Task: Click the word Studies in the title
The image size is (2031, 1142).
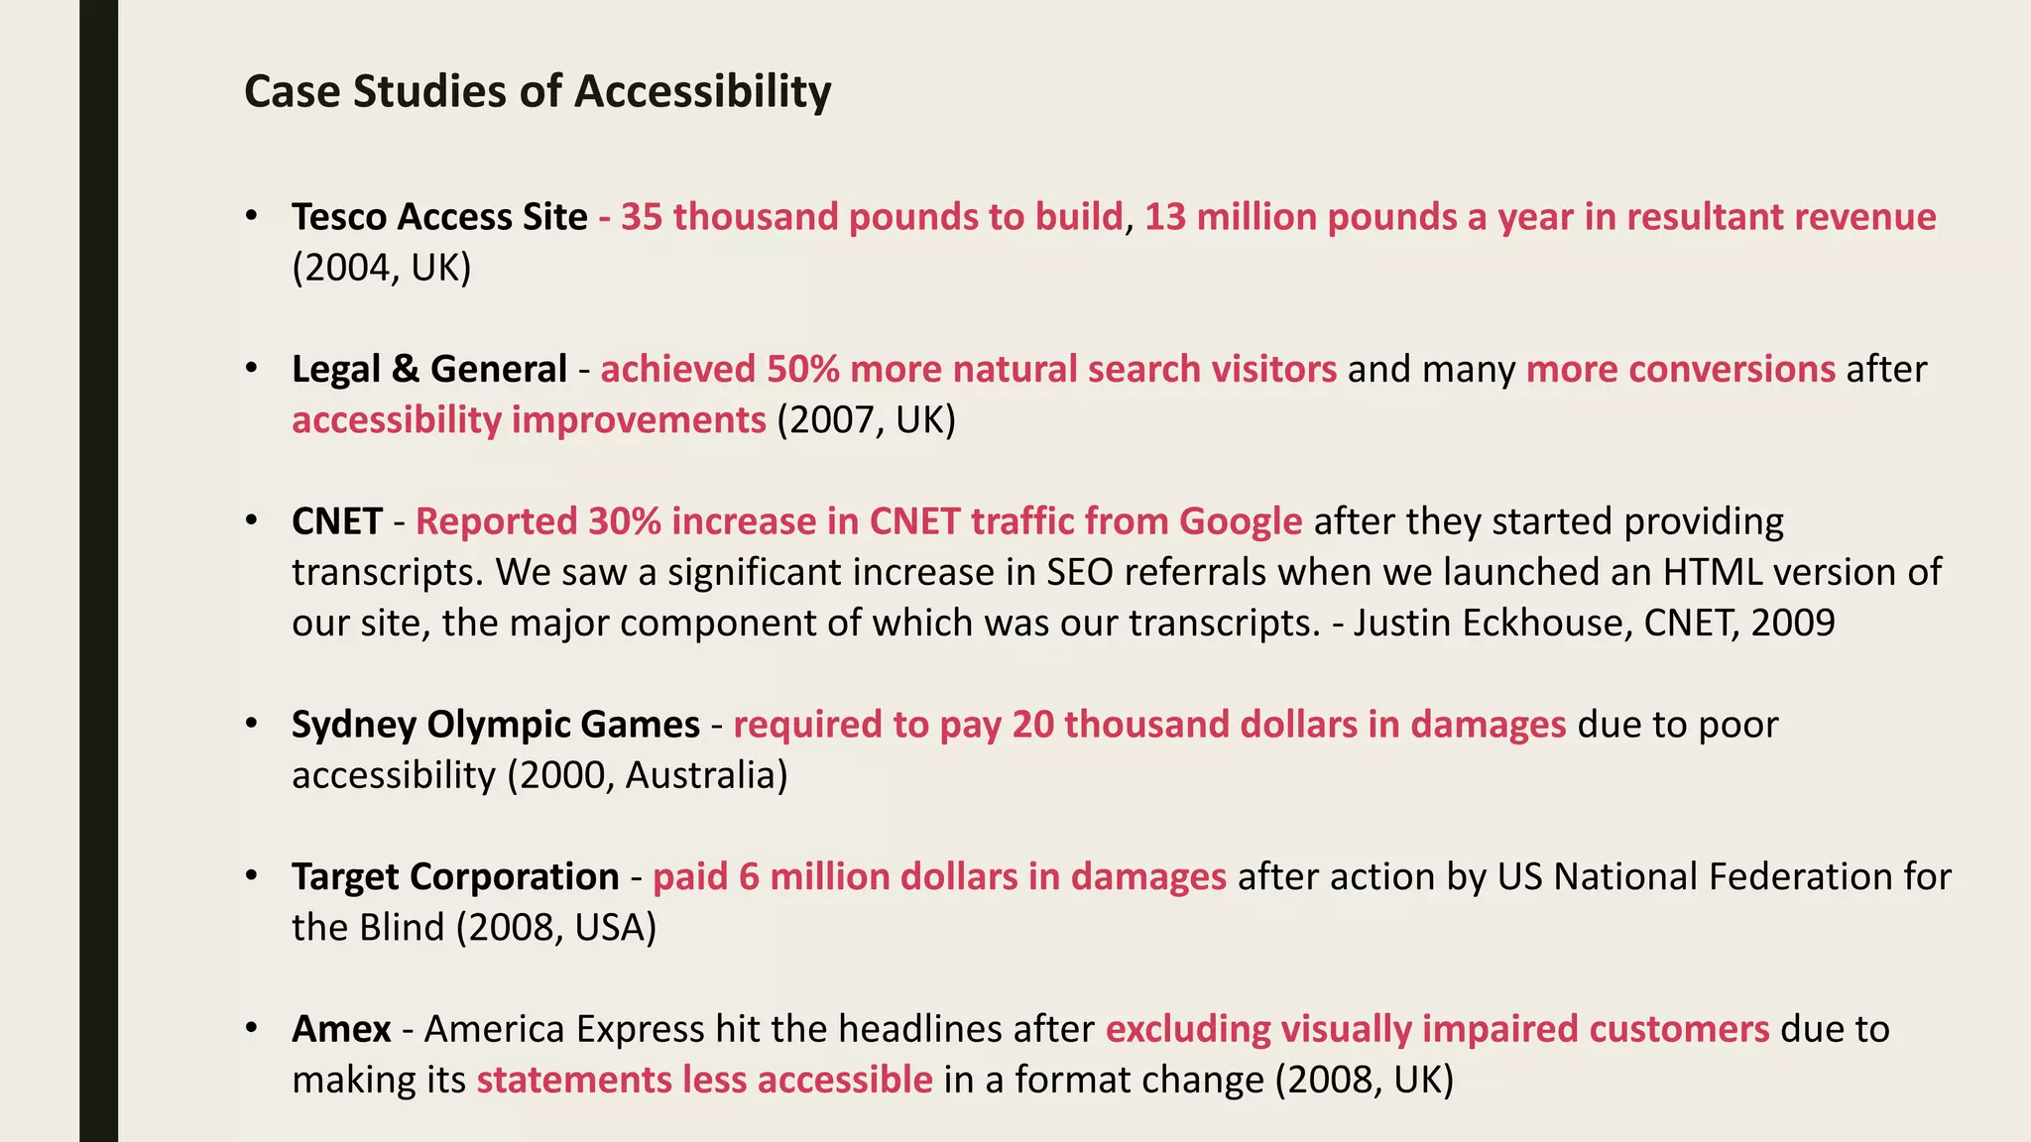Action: [428, 91]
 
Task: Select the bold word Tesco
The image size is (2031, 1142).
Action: [339, 217]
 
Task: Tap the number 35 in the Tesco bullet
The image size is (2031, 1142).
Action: [642, 217]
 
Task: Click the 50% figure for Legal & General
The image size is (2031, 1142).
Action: [802, 370]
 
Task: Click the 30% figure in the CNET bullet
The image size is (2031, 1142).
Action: [624, 521]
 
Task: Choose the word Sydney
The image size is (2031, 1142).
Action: [354, 725]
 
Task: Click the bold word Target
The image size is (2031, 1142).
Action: [344, 877]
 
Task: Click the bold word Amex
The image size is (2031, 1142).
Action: [341, 1029]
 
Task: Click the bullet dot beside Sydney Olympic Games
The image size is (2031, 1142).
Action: [252, 724]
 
